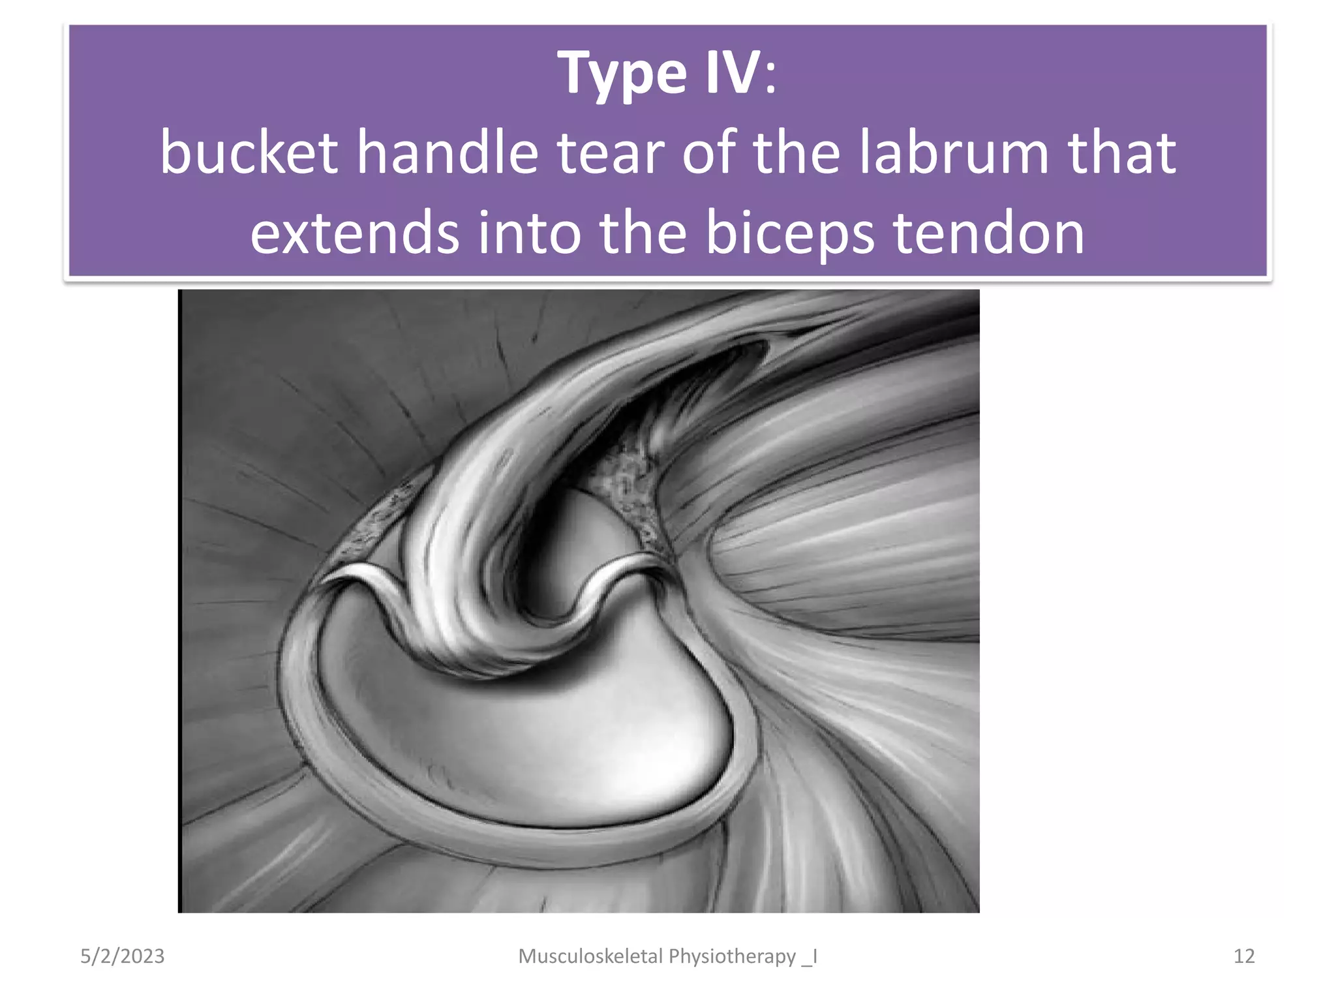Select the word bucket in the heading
249,153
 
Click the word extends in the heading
354,233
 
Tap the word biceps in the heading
789,233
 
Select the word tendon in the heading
988,233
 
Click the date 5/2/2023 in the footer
122,956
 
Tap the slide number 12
1244,956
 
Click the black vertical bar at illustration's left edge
180,600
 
